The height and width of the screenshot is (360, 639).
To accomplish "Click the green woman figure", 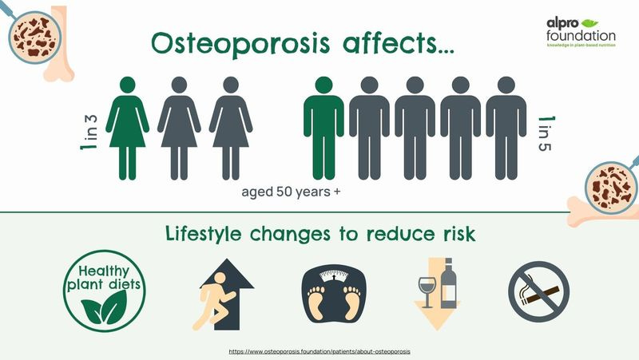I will (x=128, y=128).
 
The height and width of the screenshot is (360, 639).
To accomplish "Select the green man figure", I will (x=323, y=128).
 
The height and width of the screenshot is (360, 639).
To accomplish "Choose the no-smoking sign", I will (x=539, y=288).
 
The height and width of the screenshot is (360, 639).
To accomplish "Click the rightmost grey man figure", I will (x=506, y=128).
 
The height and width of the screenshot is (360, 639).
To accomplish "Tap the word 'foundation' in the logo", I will (x=581, y=37).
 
